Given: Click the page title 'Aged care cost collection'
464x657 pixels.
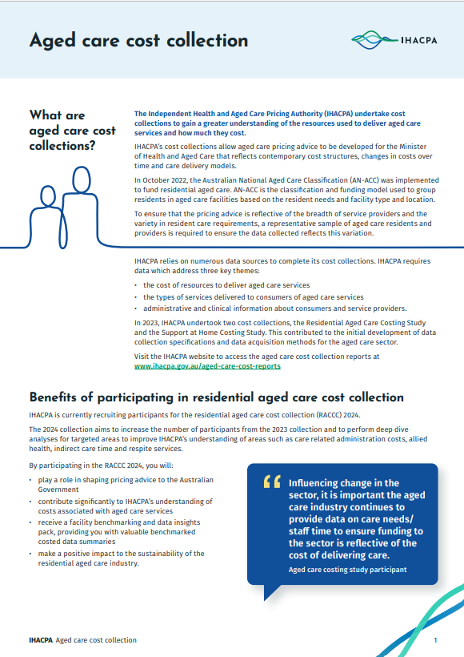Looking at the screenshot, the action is click(x=138, y=40).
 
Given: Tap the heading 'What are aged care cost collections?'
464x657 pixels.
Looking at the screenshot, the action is click(x=72, y=131).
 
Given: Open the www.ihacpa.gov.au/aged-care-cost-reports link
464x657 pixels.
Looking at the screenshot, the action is click(x=207, y=365).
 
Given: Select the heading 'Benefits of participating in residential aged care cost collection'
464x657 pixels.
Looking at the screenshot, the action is click(x=216, y=397).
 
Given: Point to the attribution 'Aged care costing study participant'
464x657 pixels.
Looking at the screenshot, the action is click(x=348, y=570).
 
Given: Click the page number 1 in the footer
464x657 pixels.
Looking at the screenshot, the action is click(x=435, y=640).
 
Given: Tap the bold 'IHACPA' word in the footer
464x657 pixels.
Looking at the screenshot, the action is click(x=40, y=640).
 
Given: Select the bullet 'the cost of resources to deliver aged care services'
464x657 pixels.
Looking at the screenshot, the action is click(x=226, y=285).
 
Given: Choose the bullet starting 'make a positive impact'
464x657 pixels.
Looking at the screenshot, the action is click(x=121, y=558).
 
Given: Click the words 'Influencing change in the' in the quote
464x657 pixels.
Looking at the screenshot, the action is click(x=343, y=483).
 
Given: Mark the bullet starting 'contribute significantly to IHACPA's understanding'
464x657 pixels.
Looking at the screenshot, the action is click(x=124, y=506).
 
